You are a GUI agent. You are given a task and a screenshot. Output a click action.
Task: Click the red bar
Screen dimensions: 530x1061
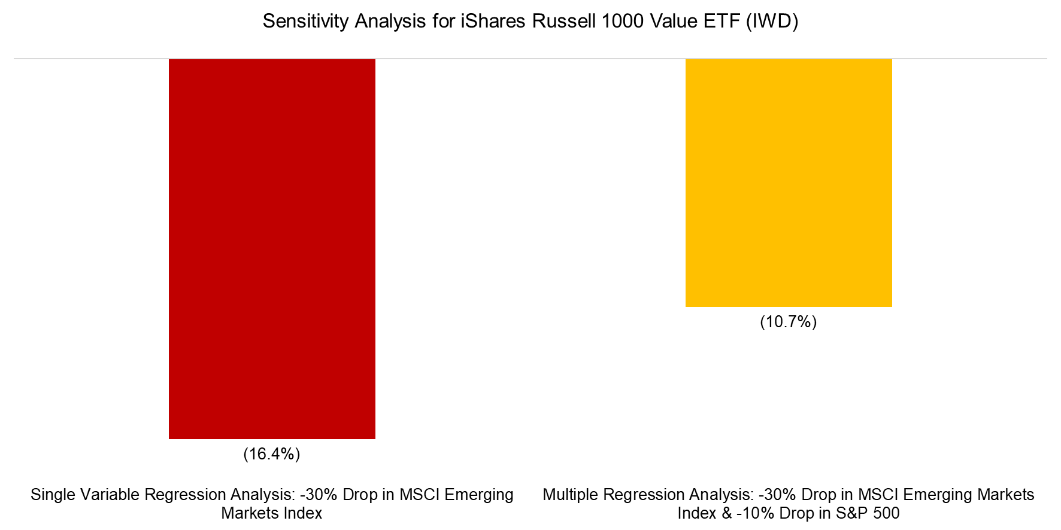(272, 249)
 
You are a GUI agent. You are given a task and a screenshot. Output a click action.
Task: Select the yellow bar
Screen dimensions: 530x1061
(788, 183)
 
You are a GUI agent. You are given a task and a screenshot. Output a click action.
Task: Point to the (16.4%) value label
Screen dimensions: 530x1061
(272, 454)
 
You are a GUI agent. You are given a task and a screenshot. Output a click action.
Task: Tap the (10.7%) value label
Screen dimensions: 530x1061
(788, 322)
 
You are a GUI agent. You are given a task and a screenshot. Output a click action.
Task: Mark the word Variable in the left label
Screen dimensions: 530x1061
(108, 495)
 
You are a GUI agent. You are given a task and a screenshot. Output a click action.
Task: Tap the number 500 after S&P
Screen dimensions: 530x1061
(884, 513)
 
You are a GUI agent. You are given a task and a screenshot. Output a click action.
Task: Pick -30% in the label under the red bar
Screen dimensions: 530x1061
(317, 495)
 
